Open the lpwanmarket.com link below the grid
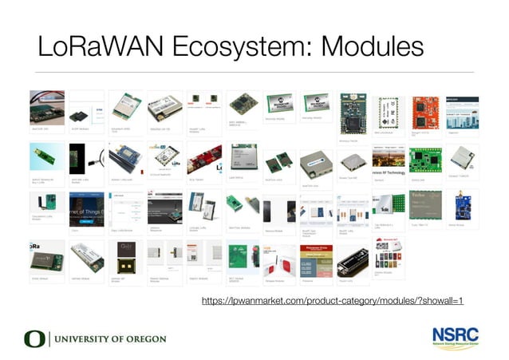click(x=332, y=301)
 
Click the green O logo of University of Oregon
click(x=34, y=338)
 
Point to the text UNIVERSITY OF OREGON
click(x=109, y=338)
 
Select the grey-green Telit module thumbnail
click(x=424, y=203)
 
